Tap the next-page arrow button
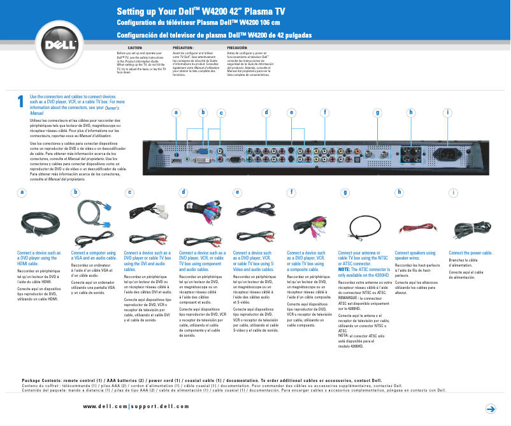pyautogui.click(x=491, y=408)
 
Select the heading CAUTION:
pyautogui.click(x=135, y=48)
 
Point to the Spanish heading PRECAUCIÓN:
pyautogui.click(x=238, y=48)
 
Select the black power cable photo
pyautogui.click(x=471, y=230)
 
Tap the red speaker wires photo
pyautogui.click(x=417, y=226)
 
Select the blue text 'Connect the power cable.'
pyautogui.click(x=475, y=253)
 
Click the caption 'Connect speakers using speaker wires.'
pyautogui.click(x=415, y=256)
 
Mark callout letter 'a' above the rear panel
pyautogui.click(x=175, y=112)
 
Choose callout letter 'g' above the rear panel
pyautogui.click(x=377, y=112)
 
